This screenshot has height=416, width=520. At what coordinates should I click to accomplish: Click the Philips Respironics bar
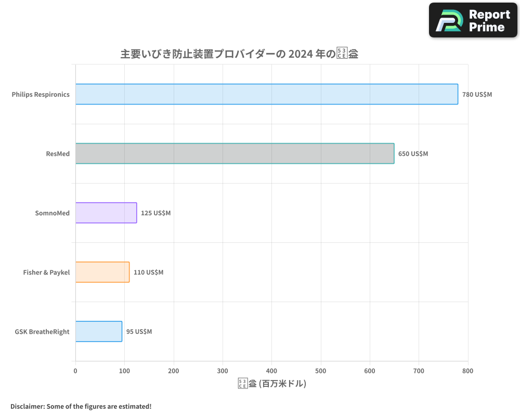click(x=266, y=94)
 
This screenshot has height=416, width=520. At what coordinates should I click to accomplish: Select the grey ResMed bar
click(x=235, y=153)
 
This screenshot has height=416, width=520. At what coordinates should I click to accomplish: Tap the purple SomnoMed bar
click(x=106, y=213)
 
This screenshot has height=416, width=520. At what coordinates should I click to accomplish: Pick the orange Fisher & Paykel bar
click(x=102, y=272)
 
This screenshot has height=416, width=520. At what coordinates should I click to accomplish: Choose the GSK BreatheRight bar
click(x=99, y=331)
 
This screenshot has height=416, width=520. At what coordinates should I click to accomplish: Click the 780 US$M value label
click(x=477, y=95)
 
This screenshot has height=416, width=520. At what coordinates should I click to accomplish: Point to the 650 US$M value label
click(x=413, y=154)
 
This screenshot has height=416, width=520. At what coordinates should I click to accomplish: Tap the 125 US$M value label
click(x=155, y=213)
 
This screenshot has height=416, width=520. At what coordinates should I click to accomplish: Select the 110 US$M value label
click(x=148, y=272)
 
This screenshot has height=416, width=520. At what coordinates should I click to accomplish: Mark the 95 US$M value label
click(x=139, y=332)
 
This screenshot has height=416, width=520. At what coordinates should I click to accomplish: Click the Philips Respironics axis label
click(x=41, y=95)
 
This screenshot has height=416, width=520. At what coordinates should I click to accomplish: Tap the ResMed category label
click(x=58, y=154)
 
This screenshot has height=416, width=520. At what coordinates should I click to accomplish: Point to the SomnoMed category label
click(x=52, y=213)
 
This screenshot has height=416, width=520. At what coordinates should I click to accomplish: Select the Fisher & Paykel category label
click(x=46, y=272)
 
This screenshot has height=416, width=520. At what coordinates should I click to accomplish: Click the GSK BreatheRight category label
click(x=42, y=332)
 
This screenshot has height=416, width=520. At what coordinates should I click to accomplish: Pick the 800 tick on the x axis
click(x=468, y=371)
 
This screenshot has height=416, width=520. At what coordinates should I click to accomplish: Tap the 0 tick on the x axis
click(x=75, y=371)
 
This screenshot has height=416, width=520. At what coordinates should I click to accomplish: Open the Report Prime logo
click(x=473, y=20)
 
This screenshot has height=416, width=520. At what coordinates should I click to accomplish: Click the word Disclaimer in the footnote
click(x=27, y=406)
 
